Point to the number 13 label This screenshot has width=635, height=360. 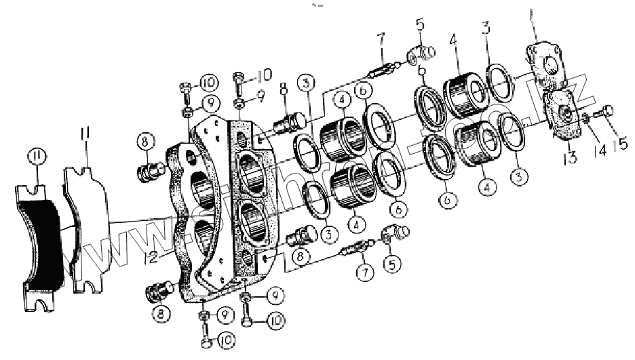tap(571, 158)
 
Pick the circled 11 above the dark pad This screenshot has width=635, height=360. tap(37, 159)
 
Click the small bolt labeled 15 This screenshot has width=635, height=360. tap(603, 113)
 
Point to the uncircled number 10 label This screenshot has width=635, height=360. tap(263, 73)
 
